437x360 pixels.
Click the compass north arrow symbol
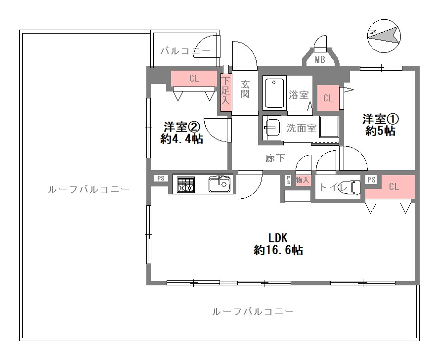click(385, 35)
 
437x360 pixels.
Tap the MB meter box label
click(320, 60)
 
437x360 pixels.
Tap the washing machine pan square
click(329, 127)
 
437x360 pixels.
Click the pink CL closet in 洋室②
click(194, 79)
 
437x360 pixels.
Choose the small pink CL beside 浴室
click(328, 98)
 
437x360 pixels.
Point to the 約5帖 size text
click(380, 131)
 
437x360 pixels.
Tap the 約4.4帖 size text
click(181, 139)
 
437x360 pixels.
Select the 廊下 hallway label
click(275, 158)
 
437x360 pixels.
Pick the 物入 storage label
click(302, 180)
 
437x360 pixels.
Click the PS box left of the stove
click(161, 179)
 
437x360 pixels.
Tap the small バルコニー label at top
click(185, 51)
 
